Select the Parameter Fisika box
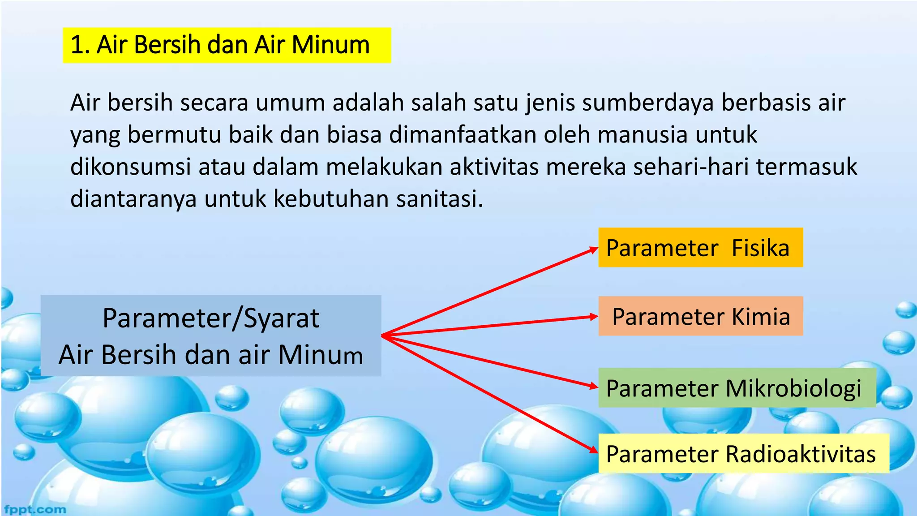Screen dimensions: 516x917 click(700, 248)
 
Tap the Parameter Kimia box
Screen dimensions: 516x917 click(700, 316)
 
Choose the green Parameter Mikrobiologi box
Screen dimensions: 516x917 click(737, 388)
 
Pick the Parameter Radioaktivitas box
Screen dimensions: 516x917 click(743, 454)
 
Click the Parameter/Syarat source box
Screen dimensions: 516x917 click(210, 335)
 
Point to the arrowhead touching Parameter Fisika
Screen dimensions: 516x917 click(594, 249)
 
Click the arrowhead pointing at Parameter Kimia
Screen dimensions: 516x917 click(594, 317)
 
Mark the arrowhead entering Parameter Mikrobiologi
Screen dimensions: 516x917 click(594, 386)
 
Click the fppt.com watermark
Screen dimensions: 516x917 click(35, 509)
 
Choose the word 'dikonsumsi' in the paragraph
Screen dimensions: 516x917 click(131, 167)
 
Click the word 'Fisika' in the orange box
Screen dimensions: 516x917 click(760, 248)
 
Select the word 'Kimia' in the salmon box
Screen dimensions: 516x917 click(761, 316)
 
